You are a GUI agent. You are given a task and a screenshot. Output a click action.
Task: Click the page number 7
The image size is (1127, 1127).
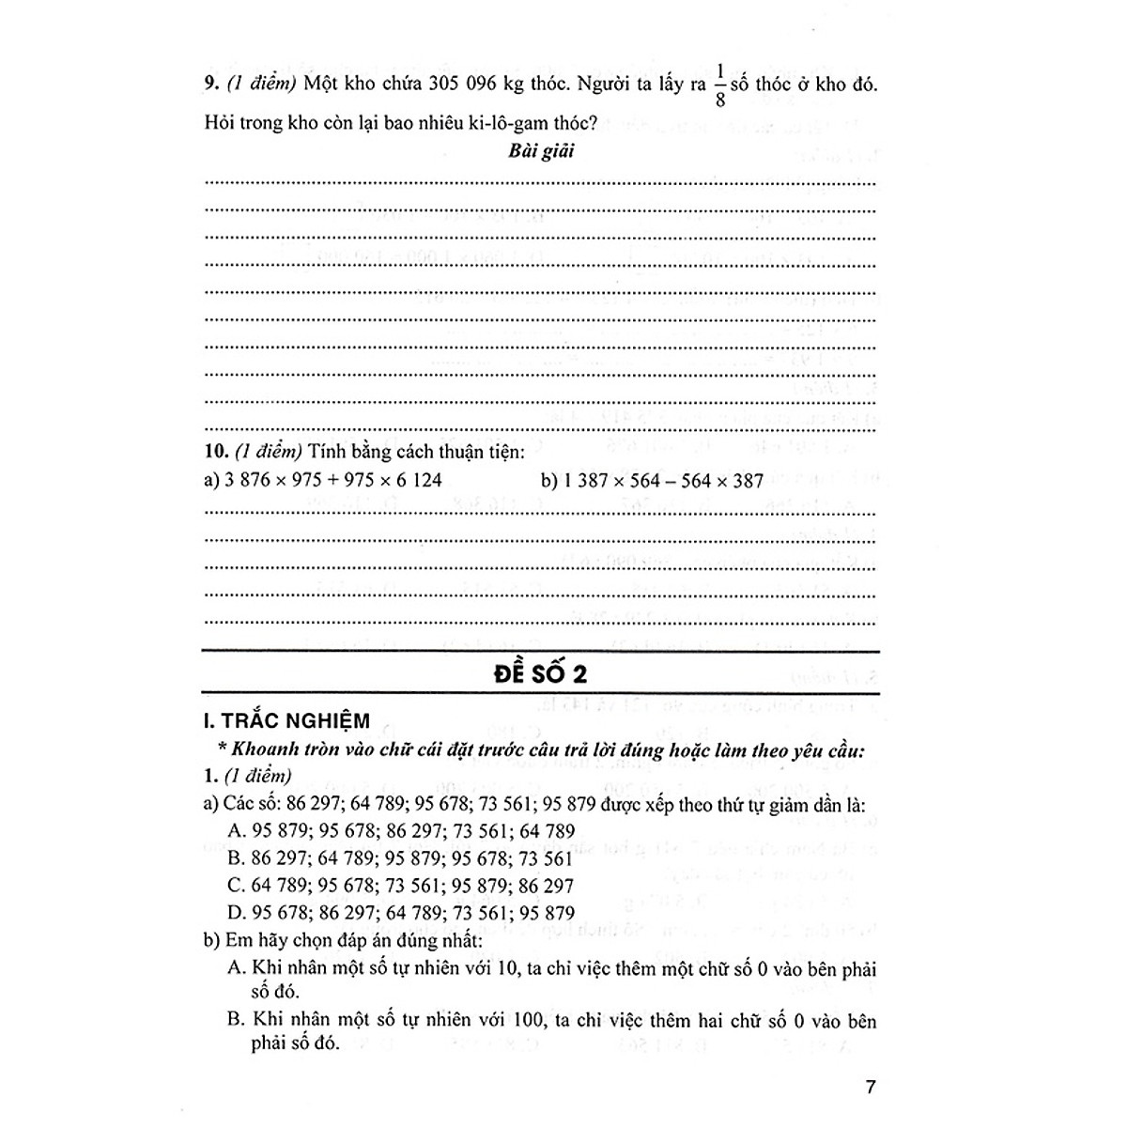871,1088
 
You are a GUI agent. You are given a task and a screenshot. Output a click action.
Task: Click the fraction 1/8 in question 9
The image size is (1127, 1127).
720,85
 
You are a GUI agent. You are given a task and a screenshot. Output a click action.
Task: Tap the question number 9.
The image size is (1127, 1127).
210,85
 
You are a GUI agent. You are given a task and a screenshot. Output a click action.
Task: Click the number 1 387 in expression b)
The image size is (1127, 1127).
571,481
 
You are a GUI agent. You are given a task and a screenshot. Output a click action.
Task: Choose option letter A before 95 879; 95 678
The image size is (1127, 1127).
235,831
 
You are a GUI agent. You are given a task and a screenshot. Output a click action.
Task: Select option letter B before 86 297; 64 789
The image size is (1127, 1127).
235,858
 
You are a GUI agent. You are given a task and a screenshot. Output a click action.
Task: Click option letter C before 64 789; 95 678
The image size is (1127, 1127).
235,886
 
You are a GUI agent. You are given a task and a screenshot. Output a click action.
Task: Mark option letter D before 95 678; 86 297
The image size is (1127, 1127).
235,913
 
